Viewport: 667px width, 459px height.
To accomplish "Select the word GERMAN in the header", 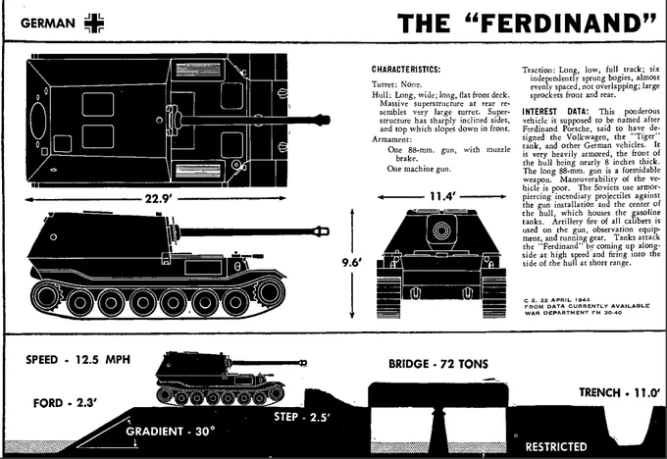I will click(46, 21).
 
